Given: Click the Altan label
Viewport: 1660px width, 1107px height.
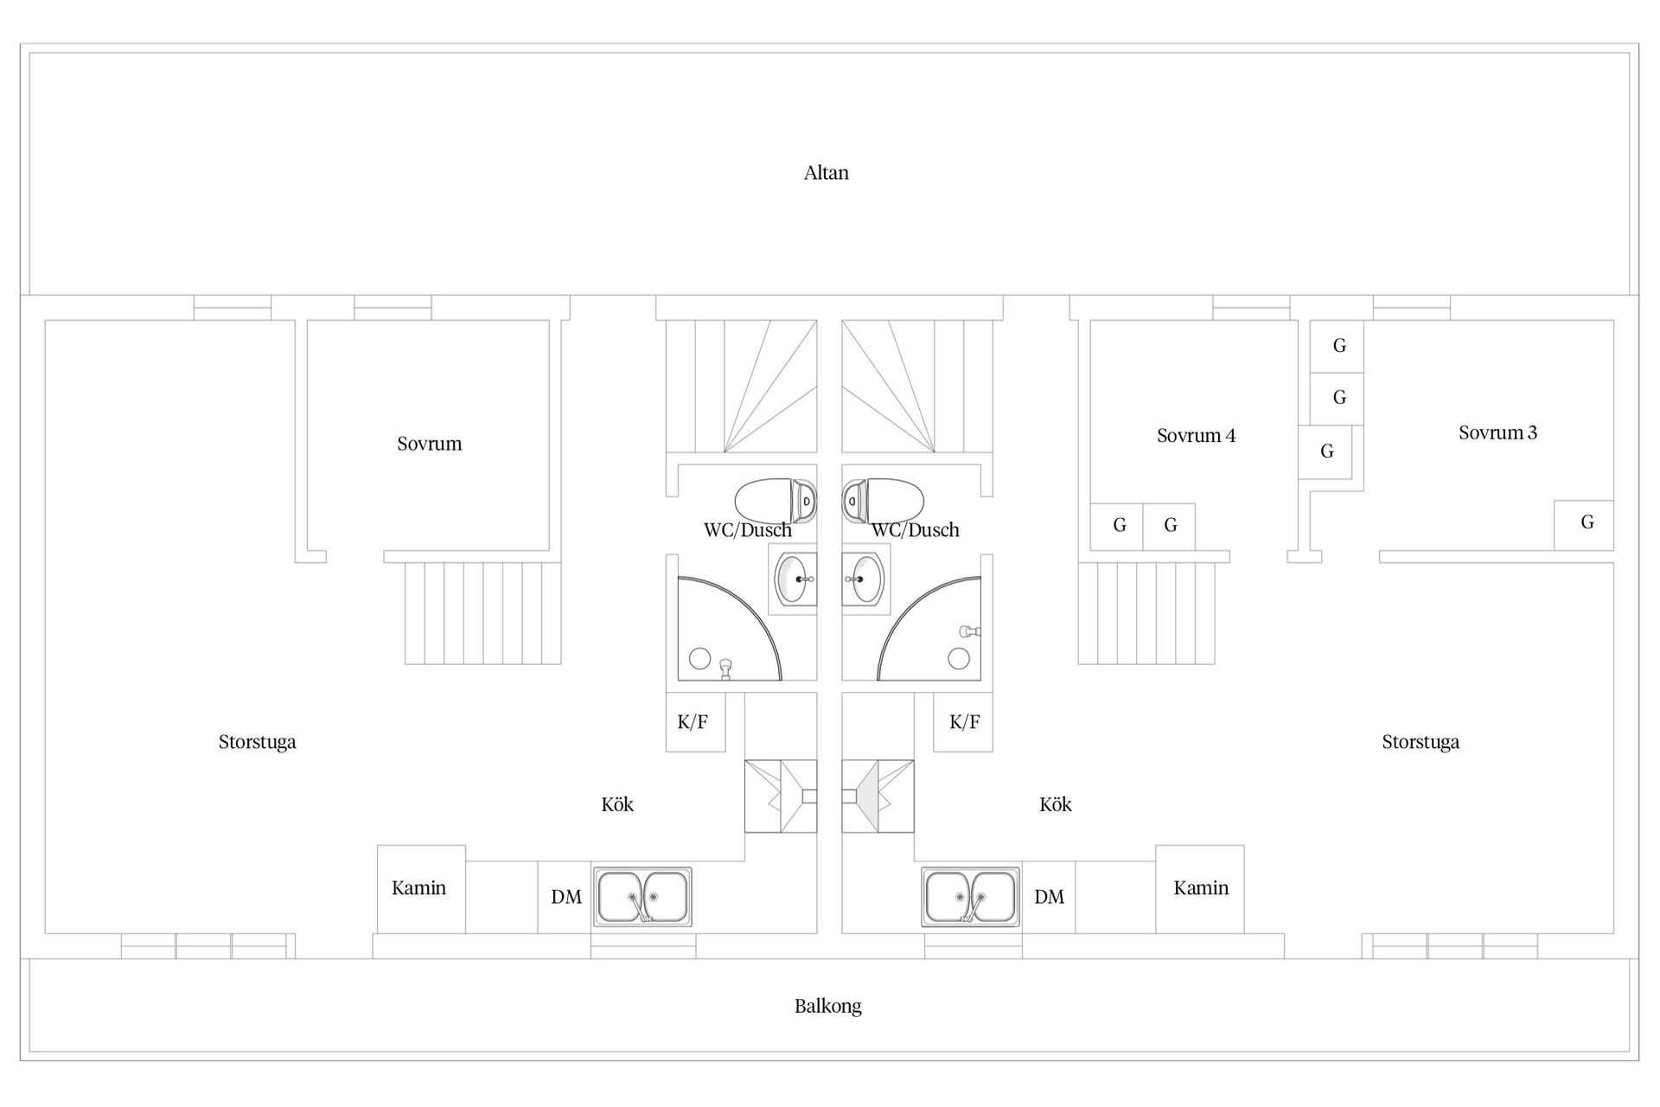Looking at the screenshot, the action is click(827, 173).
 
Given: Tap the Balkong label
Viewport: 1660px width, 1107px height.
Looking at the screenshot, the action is click(828, 1006).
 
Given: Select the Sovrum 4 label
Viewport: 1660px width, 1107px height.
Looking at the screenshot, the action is click(1196, 435).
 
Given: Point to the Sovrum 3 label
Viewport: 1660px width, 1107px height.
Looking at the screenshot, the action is click(1497, 432).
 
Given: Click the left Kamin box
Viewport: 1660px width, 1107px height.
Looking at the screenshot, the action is click(421, 889).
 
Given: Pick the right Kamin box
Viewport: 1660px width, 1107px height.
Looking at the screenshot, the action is click(1200, 889).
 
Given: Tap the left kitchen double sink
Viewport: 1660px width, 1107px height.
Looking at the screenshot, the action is click(642, 897).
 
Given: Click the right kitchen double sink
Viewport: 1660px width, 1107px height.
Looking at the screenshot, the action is click(971, 897).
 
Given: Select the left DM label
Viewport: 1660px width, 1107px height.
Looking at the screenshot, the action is click(566, 897).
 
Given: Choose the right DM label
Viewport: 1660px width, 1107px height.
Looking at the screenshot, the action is click(1049, 897).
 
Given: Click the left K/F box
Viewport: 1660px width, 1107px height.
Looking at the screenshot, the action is click(695, 722).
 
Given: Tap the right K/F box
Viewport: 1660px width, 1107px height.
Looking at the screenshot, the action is click(963, 722).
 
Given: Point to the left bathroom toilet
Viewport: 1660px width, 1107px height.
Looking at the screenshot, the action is click(776, 501).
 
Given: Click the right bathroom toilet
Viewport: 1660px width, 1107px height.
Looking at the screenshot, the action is click(883, 501).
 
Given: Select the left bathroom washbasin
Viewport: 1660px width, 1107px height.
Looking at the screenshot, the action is click(793, 579).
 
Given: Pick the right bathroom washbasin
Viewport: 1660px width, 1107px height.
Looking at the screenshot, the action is click(866, 579).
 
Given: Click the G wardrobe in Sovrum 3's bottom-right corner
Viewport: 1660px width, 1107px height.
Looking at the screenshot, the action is click(1584, 525).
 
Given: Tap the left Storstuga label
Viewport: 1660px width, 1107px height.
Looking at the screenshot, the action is click(257, 742).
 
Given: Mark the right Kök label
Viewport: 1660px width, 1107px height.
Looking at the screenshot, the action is click(1055, 804).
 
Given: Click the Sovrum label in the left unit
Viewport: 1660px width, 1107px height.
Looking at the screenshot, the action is click(429, 444).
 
